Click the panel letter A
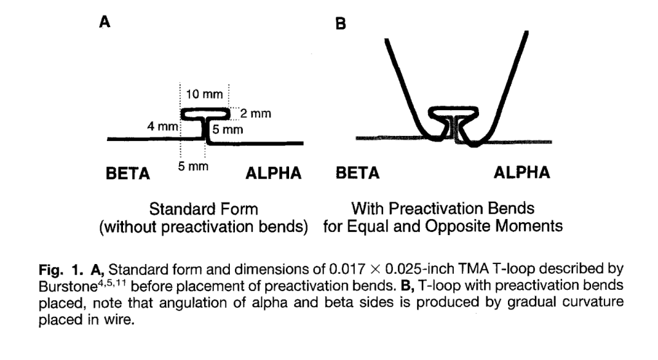click(104, 21)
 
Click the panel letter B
click(341, 23)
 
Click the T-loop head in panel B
click(454, 115)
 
